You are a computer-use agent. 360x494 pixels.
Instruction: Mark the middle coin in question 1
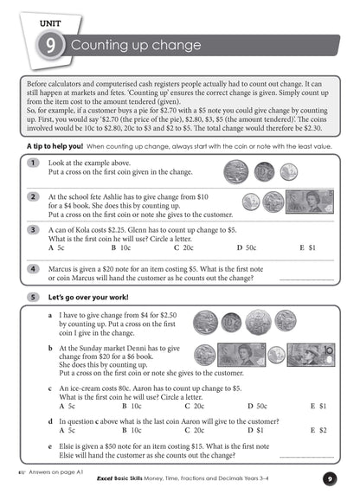tap(264, 170)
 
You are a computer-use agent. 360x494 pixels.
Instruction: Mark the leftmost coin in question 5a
tap(205, 324)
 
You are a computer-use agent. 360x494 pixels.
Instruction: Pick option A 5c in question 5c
tap(66, 405)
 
